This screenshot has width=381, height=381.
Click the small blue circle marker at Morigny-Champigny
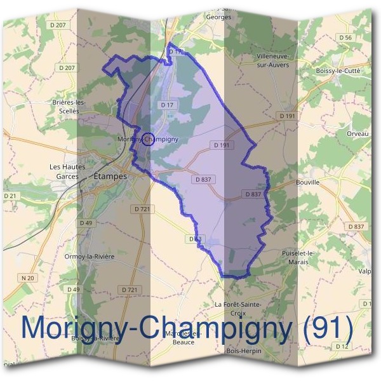147,138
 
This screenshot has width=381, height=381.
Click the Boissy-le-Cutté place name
337,71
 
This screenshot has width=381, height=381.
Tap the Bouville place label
307,182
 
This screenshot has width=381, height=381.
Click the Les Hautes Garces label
67,171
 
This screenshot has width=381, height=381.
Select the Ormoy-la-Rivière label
88,257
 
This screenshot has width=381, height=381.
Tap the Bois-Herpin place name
243,351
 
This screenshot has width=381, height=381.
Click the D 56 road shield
345,38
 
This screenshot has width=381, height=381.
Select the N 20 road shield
27,277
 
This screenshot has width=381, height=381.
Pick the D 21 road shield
10,196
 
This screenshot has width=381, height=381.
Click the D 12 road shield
342,346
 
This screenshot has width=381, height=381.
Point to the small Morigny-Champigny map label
147,138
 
